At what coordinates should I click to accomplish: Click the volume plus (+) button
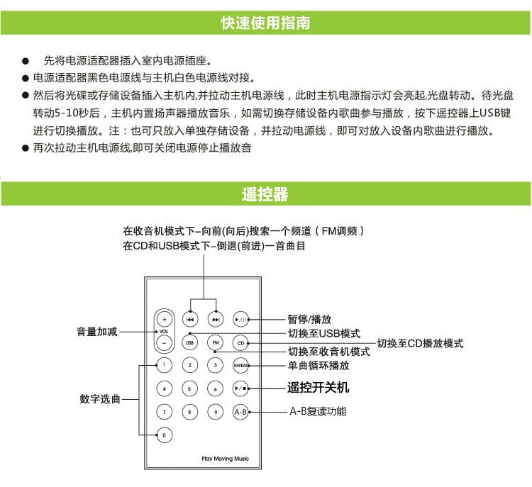(164, 319)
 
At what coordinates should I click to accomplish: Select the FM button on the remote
(216, 343)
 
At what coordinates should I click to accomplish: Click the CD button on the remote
(241, 343)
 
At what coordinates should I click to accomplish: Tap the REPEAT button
(241, 366)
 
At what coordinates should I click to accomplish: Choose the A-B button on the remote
(241, 412)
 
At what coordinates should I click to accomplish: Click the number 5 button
(190, 388)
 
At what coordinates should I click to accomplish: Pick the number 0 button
(164, 435)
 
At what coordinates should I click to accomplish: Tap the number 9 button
(216, 412)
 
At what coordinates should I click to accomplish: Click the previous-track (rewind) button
(190, 319)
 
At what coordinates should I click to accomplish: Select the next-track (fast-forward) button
(216, 319)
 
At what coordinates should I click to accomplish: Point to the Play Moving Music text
(220, 459)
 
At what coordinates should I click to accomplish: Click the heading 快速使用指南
(265, 23)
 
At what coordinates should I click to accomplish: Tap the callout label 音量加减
(97, 332)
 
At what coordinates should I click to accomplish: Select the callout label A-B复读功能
(318, 412)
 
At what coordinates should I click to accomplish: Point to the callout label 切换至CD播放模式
(420, 344)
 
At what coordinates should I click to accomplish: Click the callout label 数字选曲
(99, 398)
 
